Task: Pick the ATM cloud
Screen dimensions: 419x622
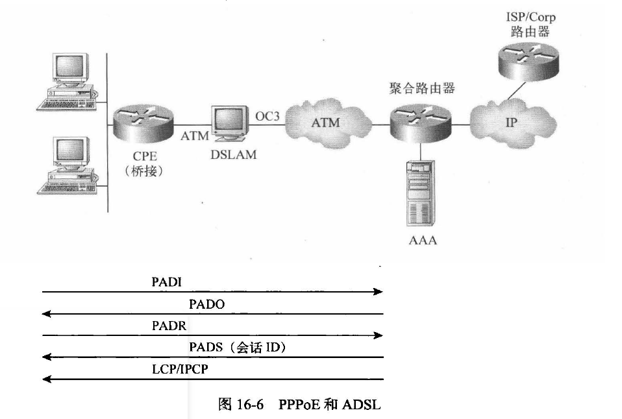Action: [325, 123]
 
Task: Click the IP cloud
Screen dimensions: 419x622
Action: [511, 123]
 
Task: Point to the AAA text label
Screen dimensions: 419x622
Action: [422, 241]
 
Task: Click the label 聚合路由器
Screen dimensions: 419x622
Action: [422, 88]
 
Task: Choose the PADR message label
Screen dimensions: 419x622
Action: [169, 326]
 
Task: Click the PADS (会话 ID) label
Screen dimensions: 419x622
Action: [238, 348]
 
